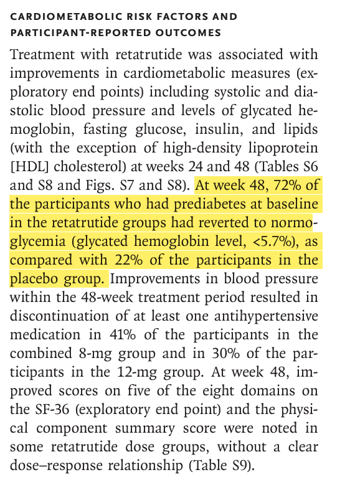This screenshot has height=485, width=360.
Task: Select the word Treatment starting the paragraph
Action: pyautogui.click(x=42, y=55)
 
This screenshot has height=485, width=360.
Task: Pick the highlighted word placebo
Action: pyautogui.click(x=35, y=279)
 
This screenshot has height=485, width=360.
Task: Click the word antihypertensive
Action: pyautogui.click(x=266, y=316)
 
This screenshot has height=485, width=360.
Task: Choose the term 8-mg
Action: pyautogui.click(x=95, y=354)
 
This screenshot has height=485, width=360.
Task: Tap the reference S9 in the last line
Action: pyautogui.click(x=239, y=465)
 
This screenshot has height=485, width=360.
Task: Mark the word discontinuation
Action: pyautogui.click(x=59, y=316)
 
